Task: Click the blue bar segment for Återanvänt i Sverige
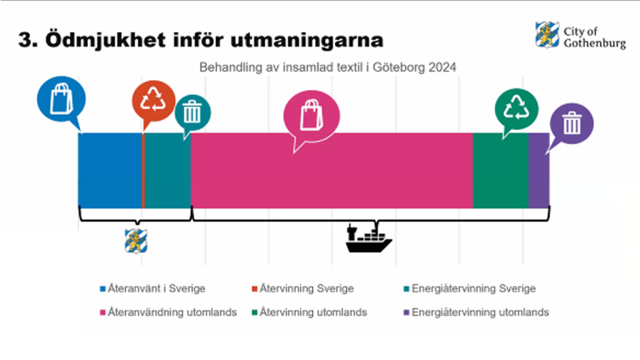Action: click(110, 171)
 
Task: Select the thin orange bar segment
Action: click(143, 171)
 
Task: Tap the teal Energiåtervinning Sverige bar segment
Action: click(167, 171)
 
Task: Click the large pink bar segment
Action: click(332, 171)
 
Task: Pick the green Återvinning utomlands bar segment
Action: click(501, 171)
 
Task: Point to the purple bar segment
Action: click(539, 171)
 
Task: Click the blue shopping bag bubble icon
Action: click(61, 99)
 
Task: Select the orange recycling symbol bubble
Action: click(154, 101)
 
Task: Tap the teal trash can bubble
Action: click(192, 113)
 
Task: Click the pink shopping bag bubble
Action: click(311, 116)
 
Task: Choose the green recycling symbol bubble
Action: click(516, 109)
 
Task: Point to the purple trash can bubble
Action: click(571, 123)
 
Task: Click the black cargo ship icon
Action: click(368, 238)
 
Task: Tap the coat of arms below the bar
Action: click(136, 241)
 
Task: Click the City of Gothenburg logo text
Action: click(594, 37)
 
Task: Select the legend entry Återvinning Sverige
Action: click(303, 289)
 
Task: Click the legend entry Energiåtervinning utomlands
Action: click(476, 312)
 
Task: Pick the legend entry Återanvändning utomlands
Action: click(169, 312)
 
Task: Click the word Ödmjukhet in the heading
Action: click(105, 41)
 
